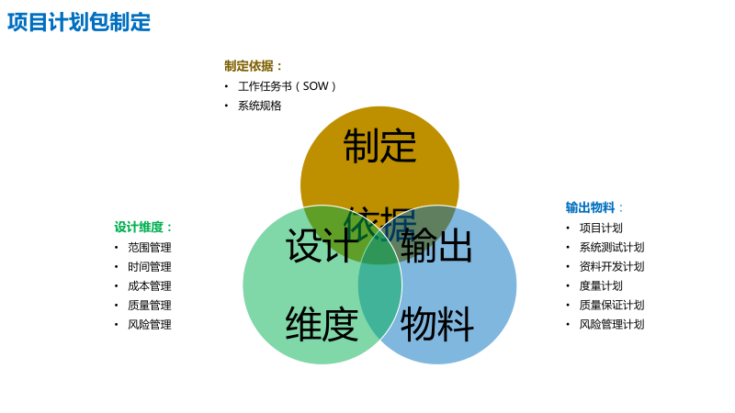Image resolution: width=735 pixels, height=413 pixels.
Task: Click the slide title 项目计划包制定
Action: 79,22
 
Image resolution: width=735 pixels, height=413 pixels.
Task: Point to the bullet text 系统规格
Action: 260,106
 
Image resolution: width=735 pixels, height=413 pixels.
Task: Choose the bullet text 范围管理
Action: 150,247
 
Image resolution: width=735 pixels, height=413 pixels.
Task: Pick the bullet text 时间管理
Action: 150,266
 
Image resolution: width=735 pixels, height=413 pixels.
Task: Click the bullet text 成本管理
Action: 150,285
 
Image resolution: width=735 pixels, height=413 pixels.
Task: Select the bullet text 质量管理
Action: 150,305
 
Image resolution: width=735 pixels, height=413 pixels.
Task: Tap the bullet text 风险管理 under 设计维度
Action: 150,324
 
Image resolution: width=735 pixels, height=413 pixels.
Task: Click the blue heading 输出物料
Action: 591,207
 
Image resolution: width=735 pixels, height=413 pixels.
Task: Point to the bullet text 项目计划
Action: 601,228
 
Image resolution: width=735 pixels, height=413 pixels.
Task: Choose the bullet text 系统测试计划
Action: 612,247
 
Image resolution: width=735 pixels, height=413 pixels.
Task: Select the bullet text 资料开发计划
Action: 612,266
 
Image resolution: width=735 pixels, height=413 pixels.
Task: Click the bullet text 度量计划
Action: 601,285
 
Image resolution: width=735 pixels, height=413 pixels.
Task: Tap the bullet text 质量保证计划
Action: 612,305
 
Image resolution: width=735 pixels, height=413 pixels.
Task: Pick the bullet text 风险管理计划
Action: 612,324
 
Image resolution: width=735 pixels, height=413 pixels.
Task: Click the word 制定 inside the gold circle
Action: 379,147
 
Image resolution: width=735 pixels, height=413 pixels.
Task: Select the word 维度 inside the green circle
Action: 322,325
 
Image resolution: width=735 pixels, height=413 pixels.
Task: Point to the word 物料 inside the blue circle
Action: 437,325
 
